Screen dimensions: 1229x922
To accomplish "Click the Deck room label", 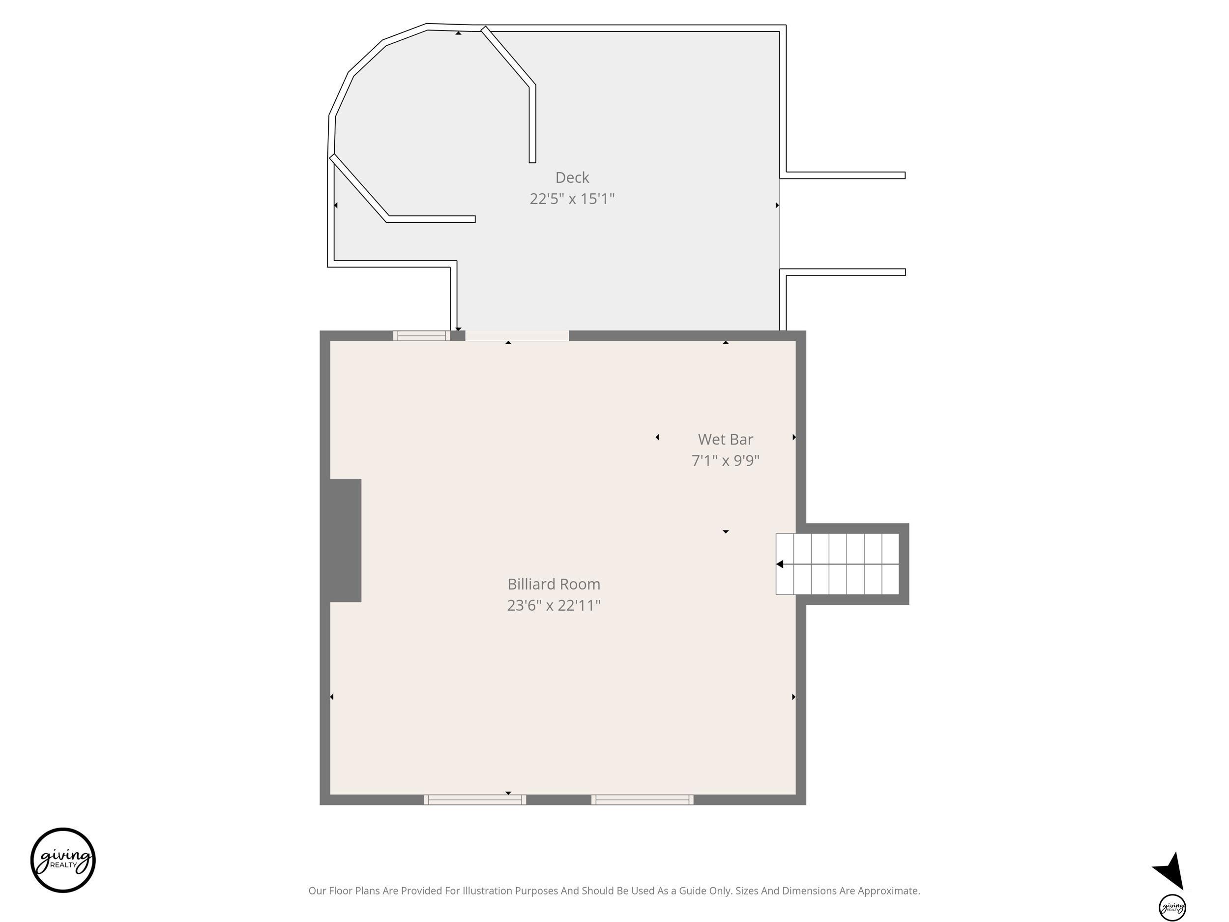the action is pyautogui.click(x=572, y=178).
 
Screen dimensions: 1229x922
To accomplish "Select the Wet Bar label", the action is pyautogui.click(x=725, y=440).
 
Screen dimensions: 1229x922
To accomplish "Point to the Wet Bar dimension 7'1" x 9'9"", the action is pyautogui.click(x=725, y=461).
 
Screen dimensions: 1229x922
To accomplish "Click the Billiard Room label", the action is pyautogui.click(x=554, y=584).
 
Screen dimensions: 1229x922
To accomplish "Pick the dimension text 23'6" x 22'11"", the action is pyautogui.click(x=554, y=605).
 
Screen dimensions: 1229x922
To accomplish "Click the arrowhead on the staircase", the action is pyautogui.click(x=780, y=564).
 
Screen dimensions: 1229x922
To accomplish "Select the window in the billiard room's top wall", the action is pyautogui.click(x=422, y=336).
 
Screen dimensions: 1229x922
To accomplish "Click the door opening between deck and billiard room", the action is pyautogui.click(x=517, y=336).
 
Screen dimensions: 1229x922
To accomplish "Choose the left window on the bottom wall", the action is pyautogui.click(x=475, y=800).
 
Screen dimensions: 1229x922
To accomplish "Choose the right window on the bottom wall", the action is pyautogui.click(x=643, y=800).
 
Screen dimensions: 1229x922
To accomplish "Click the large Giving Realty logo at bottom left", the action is pyautogui.click(x=63, y=861).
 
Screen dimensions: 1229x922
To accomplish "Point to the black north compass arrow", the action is pyautogui.click(x=1170, y=871).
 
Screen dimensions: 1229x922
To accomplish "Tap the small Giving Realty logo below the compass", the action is pyautogui.click(x=1172, y=908).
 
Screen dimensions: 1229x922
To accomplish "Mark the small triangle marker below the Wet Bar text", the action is pyautogui.click(x=725, y=532).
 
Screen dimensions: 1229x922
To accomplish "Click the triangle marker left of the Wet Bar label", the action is pyautogui.click(x=657, y=437).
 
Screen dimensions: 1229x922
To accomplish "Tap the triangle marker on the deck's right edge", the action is pyautogui.click(x=777, y=205).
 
